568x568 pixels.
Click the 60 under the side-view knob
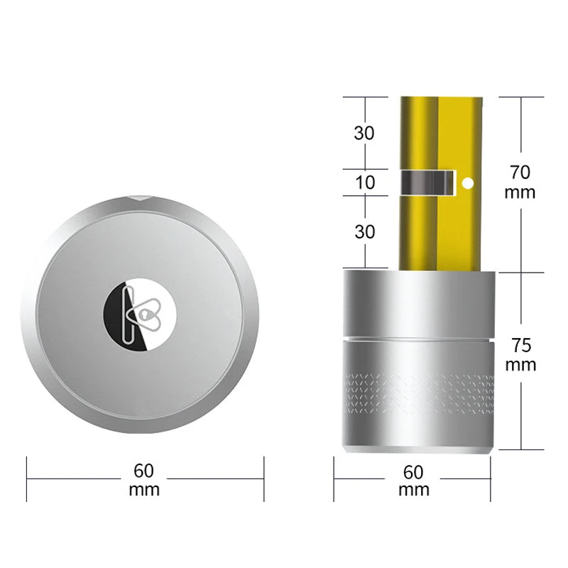point(413,471)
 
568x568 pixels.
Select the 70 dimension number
point(520,171)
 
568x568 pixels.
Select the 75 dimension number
point(520,346)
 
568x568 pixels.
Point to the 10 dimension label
point(365,182)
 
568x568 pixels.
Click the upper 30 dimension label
point(365,133)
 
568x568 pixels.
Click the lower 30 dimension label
point(365,231)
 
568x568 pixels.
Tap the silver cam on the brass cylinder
point(428,182)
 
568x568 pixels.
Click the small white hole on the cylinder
point(467,183)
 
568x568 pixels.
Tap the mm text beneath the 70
point(520,192)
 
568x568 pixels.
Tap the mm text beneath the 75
point(520,366)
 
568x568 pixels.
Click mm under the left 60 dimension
point(144,489)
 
